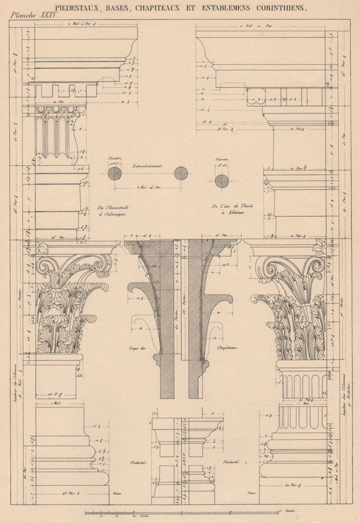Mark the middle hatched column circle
(x=181, y=173)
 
